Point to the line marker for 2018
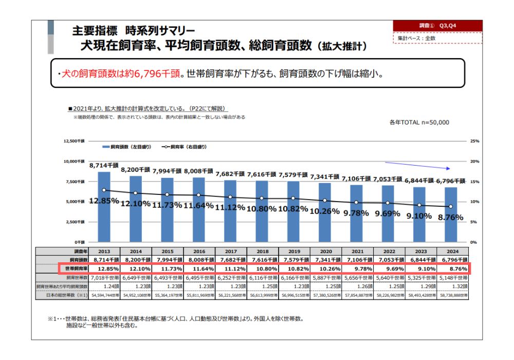[x=262, y=198]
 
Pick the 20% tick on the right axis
[x=475, y=161]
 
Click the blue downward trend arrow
[x=426, y=166]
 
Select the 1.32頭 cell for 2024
[x=450, y=286]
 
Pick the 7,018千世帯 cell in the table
[x=104, y=278]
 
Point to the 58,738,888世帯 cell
[x=450, y=295]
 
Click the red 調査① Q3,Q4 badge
[x=437, y=25]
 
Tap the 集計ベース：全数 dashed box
[x=437, y=38]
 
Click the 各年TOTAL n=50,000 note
[x=419, y=122]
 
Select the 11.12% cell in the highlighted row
[x=231, y=269]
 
